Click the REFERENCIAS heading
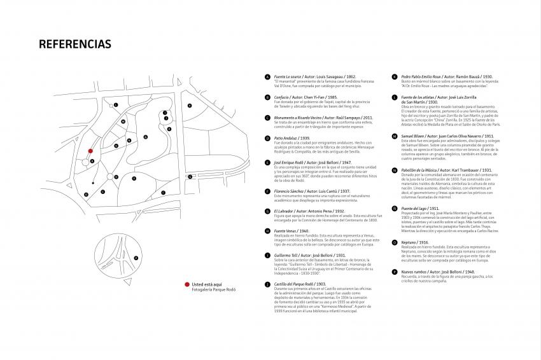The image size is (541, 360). (75, 44)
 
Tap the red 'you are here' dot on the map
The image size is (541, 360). (90, 151)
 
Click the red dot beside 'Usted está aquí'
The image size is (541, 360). (186, 285)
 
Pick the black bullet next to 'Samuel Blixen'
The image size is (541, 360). (395, 136)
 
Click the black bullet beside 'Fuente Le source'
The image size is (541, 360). (267, 76)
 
